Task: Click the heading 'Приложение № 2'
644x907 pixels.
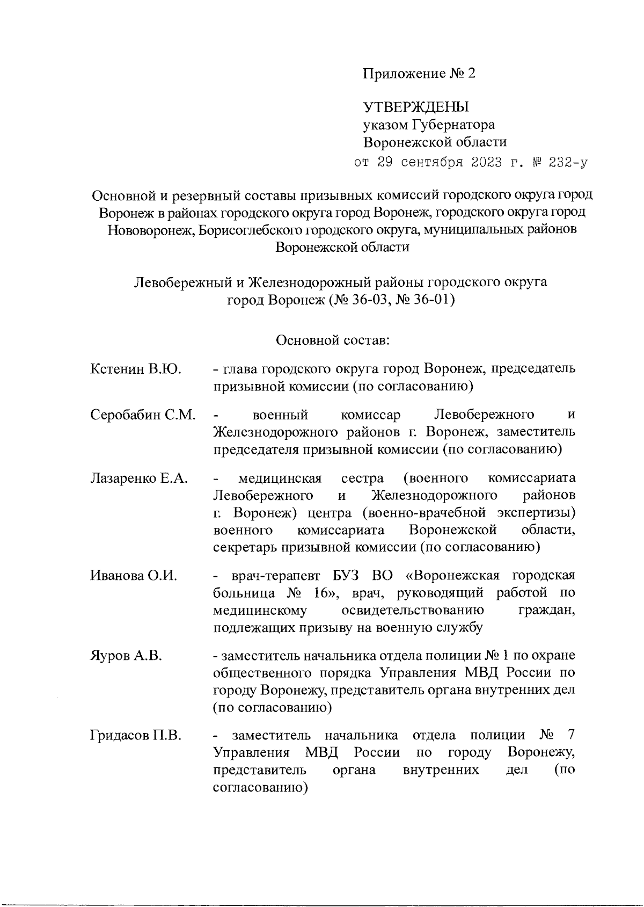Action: (419, 74)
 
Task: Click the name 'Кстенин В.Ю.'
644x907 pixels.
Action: (136, 369)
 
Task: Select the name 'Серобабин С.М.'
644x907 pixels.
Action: (143, 415)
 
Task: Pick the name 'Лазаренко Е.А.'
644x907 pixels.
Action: (139, 478)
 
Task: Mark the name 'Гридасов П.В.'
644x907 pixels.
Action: (136, 735)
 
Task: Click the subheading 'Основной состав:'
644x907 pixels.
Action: (333, 340)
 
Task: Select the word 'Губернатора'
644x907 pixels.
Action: (453, 125)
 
